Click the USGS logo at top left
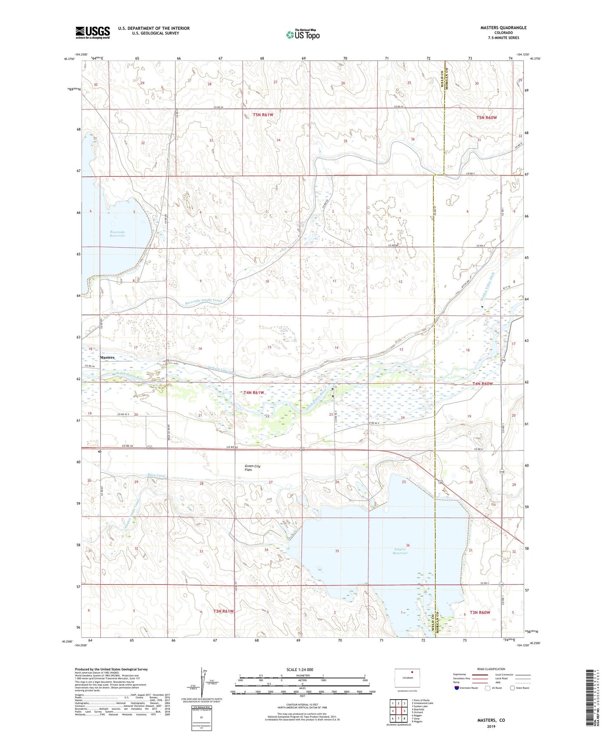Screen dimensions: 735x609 [92, 32]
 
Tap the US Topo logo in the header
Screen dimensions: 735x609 [302, 35]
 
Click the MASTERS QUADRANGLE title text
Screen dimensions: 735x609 [503, 28]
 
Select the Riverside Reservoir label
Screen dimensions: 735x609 [118, 234]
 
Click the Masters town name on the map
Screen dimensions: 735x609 [107, 357]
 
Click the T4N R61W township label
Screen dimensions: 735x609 [254, 392]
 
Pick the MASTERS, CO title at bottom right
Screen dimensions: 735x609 [491, 720]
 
